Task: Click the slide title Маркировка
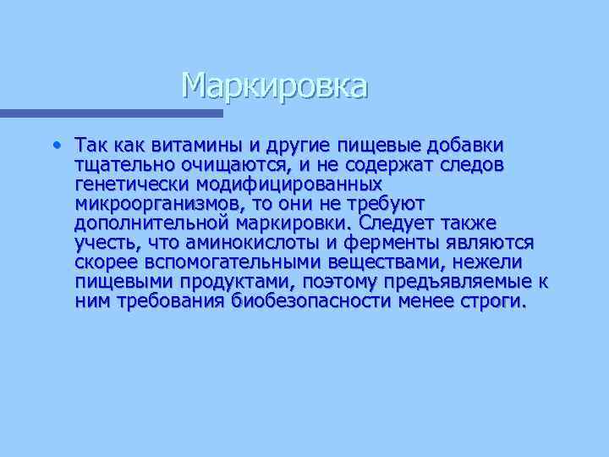[x=275, y=85]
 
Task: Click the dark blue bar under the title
[x=111, y=113]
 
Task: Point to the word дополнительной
[x=151, y=223]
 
